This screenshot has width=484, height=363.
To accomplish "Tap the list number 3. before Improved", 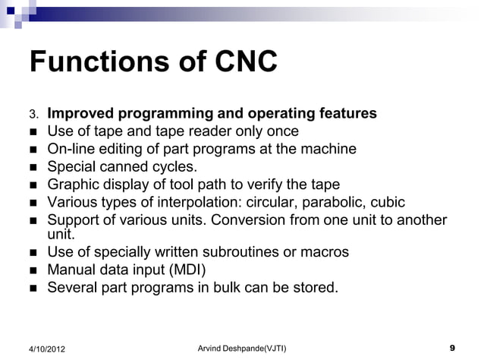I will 33,115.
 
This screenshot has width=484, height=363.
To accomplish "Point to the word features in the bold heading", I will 345,114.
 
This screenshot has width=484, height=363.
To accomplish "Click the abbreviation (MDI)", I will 185,270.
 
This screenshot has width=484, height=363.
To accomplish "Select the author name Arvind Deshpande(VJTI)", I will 242,348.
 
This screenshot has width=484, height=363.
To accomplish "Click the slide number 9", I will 452,348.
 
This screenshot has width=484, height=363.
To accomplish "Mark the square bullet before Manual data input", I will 33,270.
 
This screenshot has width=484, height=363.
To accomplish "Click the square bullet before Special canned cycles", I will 33,167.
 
